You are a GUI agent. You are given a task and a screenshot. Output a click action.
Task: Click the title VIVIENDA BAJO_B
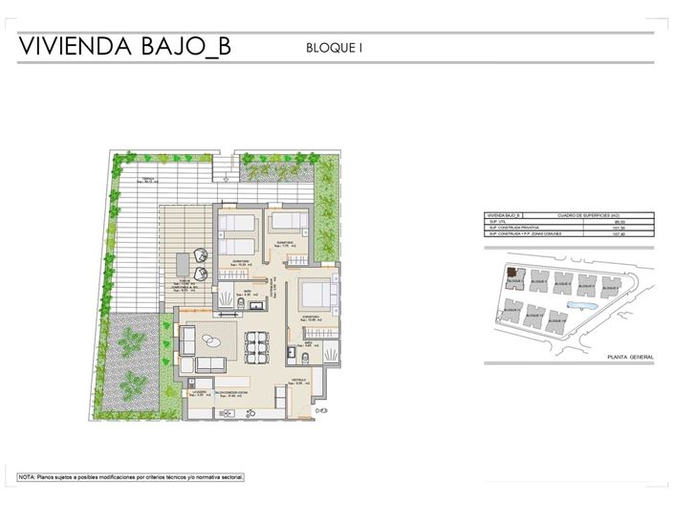click(123, 46)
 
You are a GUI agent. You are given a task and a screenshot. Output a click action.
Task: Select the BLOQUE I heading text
click(335, 46)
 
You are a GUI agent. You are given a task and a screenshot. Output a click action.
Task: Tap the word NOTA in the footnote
click(27, 475)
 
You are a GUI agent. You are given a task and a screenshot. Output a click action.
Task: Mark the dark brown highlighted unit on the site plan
click(512, 274)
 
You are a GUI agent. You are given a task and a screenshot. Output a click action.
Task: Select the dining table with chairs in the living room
click(254, 345)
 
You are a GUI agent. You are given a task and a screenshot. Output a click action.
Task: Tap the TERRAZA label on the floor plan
click(148, 180)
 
